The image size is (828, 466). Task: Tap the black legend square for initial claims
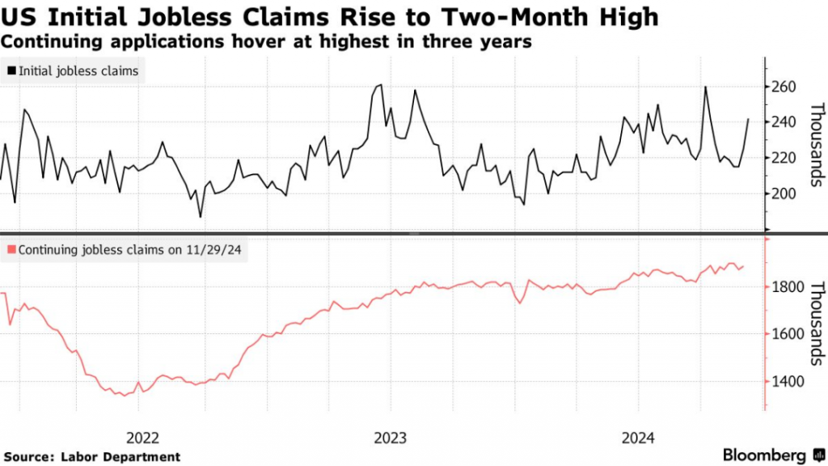(11, 71)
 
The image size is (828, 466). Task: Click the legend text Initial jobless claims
(78, 71)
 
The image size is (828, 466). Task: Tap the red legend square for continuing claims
(11, 251)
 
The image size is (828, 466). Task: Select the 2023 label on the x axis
(391, 438)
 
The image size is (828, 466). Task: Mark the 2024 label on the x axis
(639, 438)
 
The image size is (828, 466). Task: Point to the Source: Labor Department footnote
(91, 457)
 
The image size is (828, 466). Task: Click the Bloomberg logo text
(763, 455)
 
